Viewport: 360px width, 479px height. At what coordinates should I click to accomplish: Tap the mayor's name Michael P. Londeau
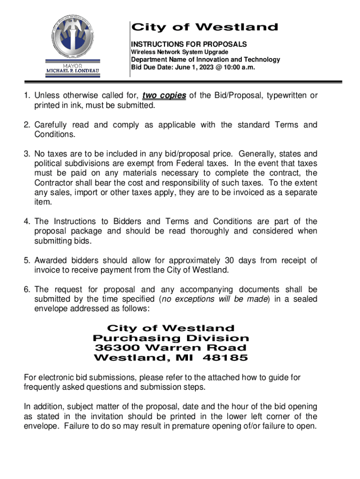click(72, 71)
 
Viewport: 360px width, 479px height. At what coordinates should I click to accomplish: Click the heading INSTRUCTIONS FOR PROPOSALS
click(188, 44)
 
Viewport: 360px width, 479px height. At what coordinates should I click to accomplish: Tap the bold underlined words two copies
click(164, 96)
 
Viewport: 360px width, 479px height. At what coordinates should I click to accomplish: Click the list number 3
click(27, 154)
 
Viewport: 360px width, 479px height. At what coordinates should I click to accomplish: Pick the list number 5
click(27, 261)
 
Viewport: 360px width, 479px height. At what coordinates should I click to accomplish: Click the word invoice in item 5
click(48, 270)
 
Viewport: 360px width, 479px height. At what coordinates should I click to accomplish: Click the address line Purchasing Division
click(171, 338)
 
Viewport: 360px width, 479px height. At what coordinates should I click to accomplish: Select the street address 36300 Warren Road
click(171, 348)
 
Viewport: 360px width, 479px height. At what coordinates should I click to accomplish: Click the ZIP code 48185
click(228, 358)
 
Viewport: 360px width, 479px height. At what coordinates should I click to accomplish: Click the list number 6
click(27, 290)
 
